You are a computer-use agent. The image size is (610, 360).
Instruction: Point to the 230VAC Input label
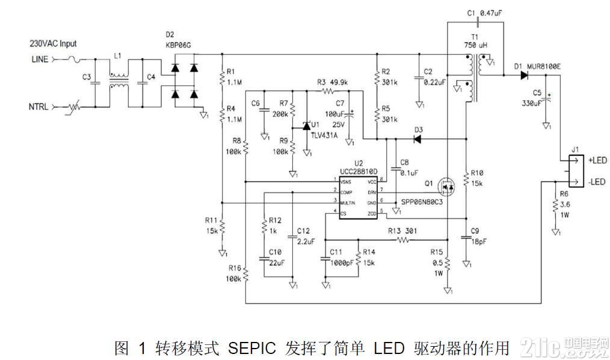[x=54, y=44]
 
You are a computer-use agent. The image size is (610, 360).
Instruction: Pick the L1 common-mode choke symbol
[x=119, y=82]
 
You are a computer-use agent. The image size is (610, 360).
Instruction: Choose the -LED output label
[x=598, y=181]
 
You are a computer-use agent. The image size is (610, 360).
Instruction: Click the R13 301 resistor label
[x=401, y=231]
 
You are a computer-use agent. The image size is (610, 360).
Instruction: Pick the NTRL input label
[x=39, y=107]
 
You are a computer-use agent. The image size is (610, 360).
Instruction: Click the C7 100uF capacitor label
[x=334, y=109]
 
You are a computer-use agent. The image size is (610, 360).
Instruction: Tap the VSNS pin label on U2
[x=345, y=181]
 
